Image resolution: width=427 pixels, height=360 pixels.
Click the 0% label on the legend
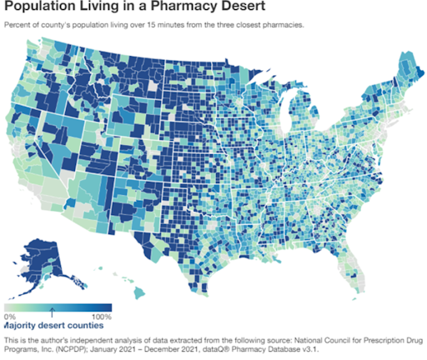(10, 317)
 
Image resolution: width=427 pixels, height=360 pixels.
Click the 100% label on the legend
(99, 317)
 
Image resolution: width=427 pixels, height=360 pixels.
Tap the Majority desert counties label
(55, 327)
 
